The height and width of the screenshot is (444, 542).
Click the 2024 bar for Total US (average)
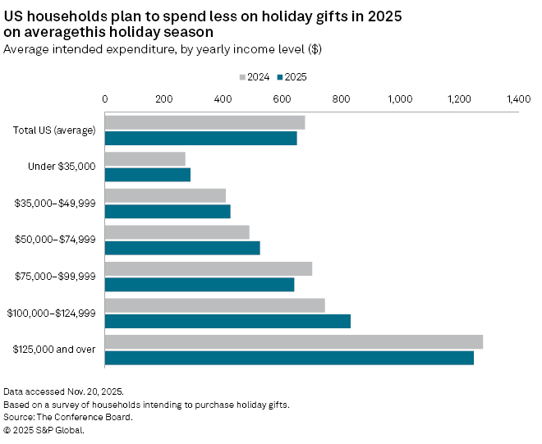pyautogui.click(x=204, y=122)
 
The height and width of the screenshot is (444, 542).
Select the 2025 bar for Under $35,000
pyautogui.click(x=148, y=175)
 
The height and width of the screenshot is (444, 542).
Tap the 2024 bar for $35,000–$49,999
pyautogui.click(x=165, y=195)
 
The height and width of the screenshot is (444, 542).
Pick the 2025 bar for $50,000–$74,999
pyautogui.click(x=182, y=248)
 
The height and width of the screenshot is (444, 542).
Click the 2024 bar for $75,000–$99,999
pyautogui.click(x=209, y=268)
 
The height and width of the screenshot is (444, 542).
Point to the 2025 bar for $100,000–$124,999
pyautogui.click(x=227, y=321)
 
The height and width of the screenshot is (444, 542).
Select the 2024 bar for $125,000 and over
pyautogui.click(x=294, y=341)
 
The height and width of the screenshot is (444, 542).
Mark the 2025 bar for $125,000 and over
pyautogui.click(x=289, y=358)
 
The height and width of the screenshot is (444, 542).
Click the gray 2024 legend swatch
pyautogui.click(x=242, y=77)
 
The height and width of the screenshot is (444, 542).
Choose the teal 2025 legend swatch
pyautogui.click(x=281, y=77)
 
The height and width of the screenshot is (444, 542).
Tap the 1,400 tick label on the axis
pyautogui.click(x=519, y=98)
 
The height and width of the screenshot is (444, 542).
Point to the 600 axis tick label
pyautogui.click(x=282, y=98)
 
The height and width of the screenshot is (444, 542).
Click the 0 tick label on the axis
pyautogui.click(x=105, y=98)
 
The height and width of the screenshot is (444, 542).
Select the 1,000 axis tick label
pyautogui.click(x=400, y=98)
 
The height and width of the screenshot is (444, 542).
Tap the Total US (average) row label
pyautogui.click(x=55, y=130)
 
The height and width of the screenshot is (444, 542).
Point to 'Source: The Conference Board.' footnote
pyautogui.click(x=68, y=417)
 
